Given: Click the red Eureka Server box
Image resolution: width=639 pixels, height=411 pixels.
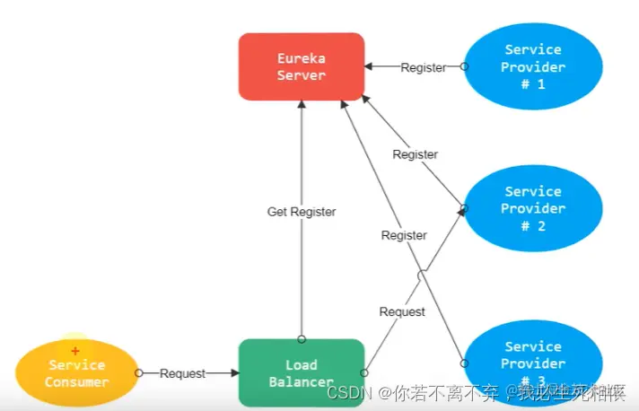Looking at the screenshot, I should pos(301,66).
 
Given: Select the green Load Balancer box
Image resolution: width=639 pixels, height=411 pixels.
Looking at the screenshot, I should pos(301,372).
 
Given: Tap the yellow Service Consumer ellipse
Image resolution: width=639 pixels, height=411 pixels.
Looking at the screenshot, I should pos(77,373).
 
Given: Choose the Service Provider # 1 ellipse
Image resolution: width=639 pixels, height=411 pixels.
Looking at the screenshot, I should pos(533,66).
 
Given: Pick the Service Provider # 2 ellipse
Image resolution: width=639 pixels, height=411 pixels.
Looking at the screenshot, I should pos(533,208).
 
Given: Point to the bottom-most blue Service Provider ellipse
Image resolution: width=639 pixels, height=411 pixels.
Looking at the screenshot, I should pos(533,359).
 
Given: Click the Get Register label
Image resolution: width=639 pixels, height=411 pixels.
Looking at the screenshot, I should pos(302,212).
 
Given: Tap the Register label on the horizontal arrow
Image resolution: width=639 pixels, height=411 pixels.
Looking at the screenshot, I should pos(423,67).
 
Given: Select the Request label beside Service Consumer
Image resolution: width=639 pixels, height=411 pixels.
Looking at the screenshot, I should pos(182,373).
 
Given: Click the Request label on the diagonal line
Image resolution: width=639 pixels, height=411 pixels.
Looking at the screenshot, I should pos(402,311).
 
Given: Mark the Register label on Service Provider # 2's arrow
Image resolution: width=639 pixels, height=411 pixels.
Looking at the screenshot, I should pos(415,154).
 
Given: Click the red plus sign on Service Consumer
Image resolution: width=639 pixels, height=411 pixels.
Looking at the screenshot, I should pos(75,351).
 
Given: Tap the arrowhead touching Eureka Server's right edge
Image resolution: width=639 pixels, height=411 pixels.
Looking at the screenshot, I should pos(369,66).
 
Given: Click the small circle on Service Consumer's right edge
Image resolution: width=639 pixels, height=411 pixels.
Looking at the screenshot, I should pos(138,373).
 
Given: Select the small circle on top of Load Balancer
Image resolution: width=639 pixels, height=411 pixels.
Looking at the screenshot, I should pos(302,339).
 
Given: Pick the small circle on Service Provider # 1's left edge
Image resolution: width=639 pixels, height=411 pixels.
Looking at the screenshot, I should pos(464,66).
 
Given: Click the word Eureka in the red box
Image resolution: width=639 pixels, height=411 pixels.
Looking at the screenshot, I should pos(302,58).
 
